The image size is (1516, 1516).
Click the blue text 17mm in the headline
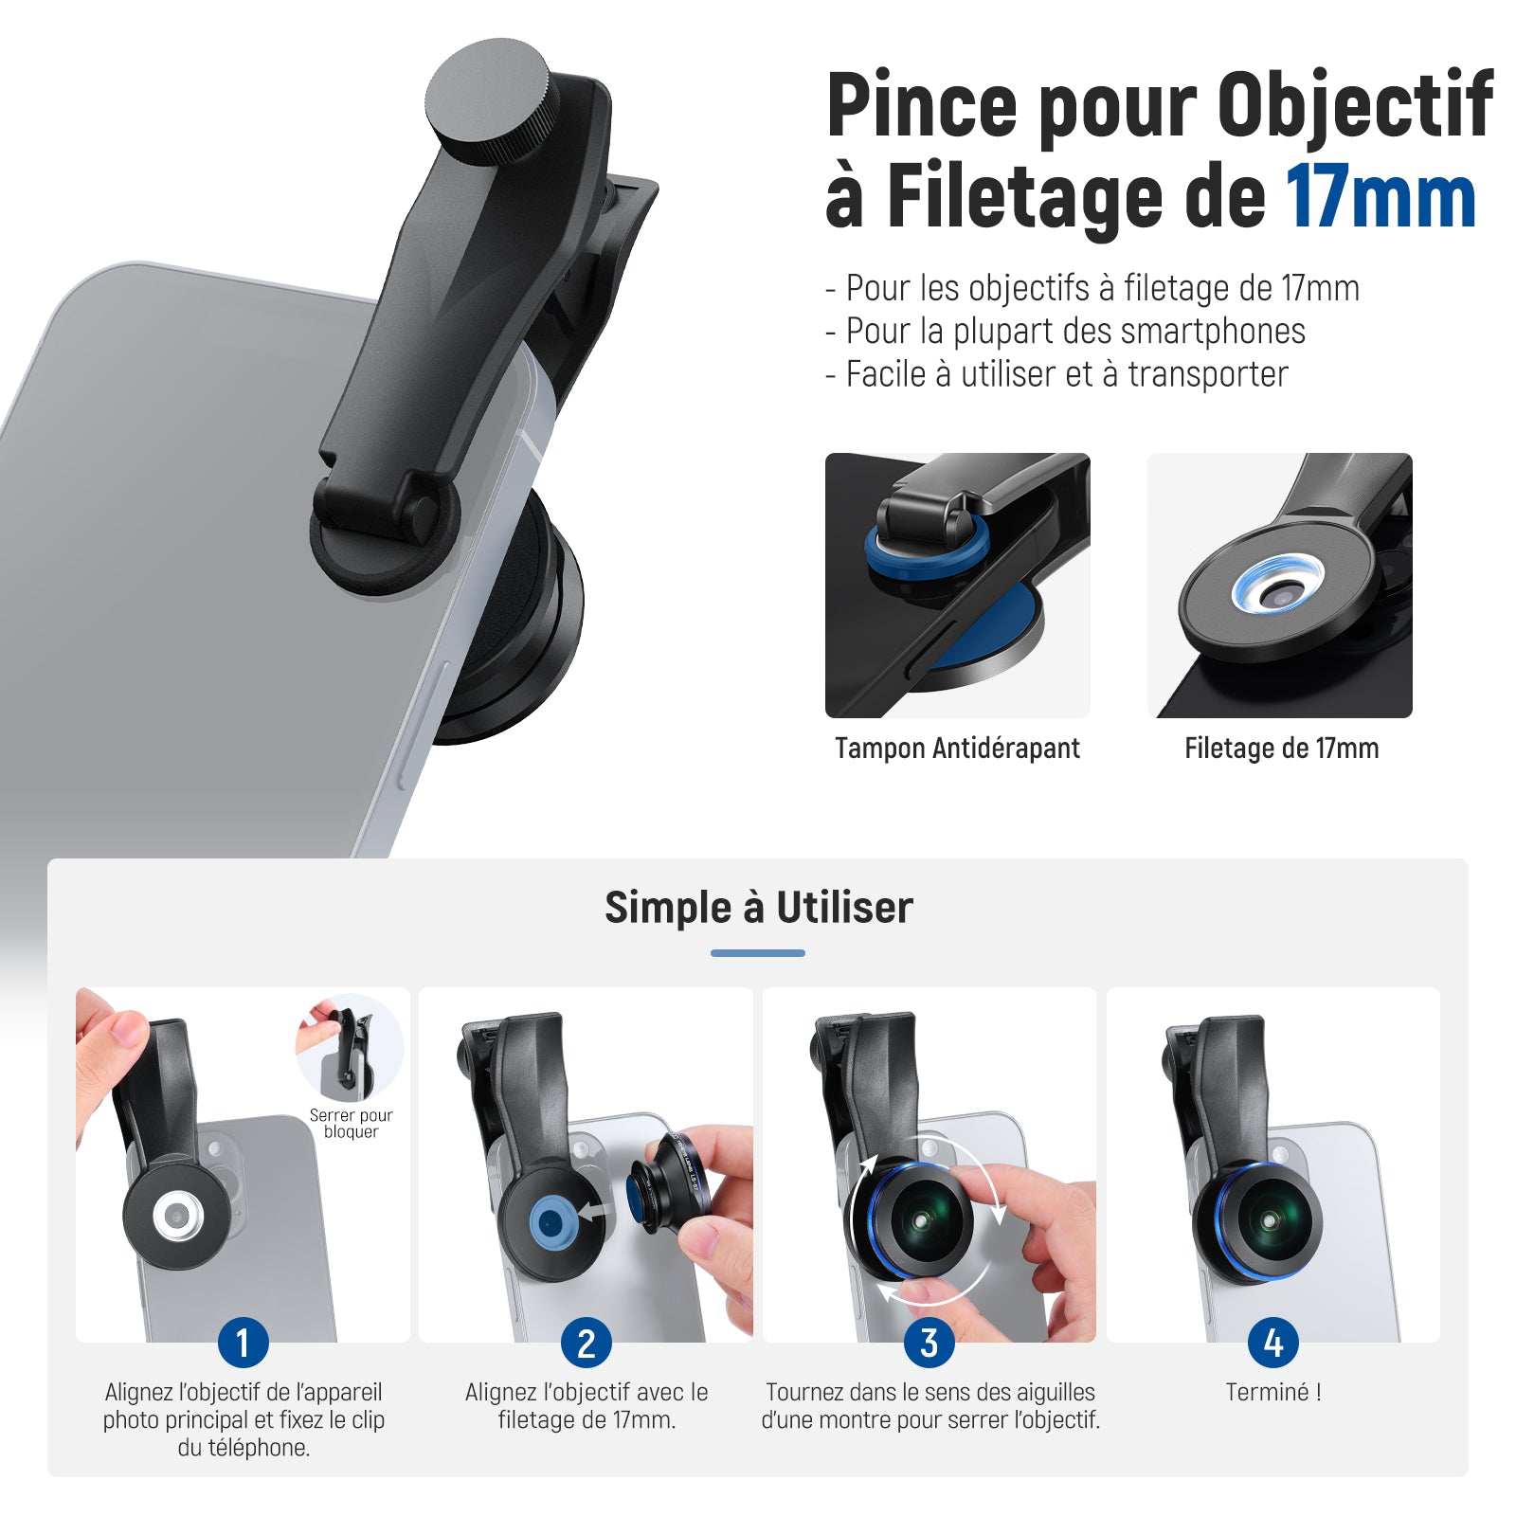[1381, 198]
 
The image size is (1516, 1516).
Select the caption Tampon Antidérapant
[957, 749]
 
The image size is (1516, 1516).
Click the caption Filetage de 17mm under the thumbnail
[1281, 749]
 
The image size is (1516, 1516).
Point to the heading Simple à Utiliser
[759, 907]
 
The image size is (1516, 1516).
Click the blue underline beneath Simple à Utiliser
[758, 953]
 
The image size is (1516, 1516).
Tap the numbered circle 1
[243, 1343]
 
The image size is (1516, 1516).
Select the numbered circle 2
[587, 1343]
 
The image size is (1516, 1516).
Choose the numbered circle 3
[929, 1343]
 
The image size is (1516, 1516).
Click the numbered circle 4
[1273, 1343]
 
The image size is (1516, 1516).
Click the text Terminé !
[1273, 1392]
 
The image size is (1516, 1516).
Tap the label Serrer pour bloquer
[351, 1124]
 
